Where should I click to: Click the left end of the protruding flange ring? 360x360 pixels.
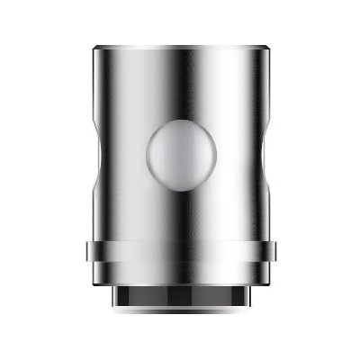[91, 252]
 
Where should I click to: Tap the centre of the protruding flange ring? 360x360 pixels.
[180, 252]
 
